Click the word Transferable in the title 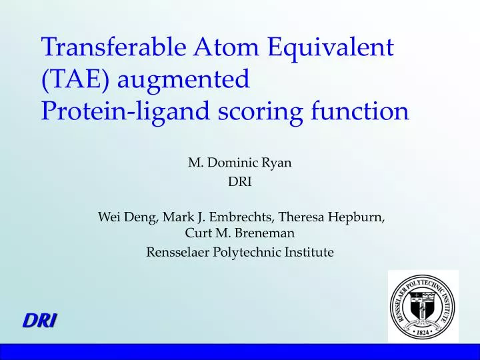coord(113,47)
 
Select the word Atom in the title coord(226,47)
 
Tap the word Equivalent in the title coord(331,49)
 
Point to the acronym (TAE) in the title coord(75,79)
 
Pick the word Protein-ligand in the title coord(125,111)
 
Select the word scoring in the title coord(260,113)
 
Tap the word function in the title coord(360,110)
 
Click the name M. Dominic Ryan coord(240,163)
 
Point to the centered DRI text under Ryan coord(240,182)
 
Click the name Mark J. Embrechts coord(217,217)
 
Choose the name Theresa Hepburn coord(330,217)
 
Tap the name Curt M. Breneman coord(240,233)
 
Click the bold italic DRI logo coord(39,321)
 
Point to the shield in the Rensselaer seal coord(423,307)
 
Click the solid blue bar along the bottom coord(240,352)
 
